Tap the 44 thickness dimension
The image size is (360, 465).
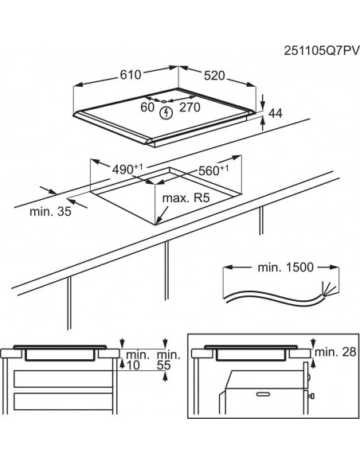[x=275, y=115]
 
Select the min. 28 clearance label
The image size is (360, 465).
[x=335, y=352]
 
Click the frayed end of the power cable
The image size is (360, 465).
[x=323, y=288]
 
